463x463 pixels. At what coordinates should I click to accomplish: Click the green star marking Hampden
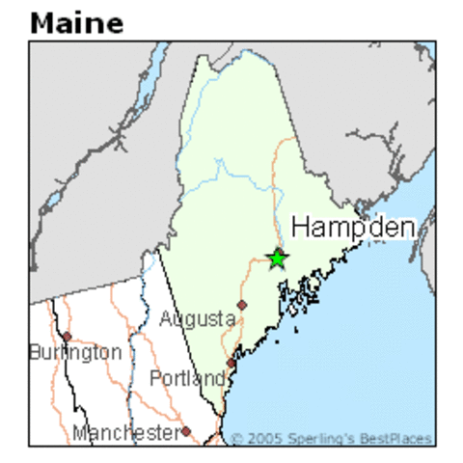(x=277, y=259)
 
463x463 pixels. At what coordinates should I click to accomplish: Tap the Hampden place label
(x=353, y=228)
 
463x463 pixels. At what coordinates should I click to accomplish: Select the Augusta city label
(x=198, y=318)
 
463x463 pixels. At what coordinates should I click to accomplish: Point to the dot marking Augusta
(x=242, y=305)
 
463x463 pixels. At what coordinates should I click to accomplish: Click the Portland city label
(x=187, y=378)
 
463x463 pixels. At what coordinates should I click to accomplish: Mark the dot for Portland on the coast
(x=231, y=363)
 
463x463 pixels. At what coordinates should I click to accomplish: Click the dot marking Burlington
(x=67, y=337)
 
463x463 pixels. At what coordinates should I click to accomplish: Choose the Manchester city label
(x=125, y=432)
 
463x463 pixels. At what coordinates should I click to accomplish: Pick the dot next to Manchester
(x=186, y=431)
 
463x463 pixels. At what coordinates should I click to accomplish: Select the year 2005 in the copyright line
(x=263, y=439)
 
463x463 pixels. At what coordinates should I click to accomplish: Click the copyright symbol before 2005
(x=237, y=439)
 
